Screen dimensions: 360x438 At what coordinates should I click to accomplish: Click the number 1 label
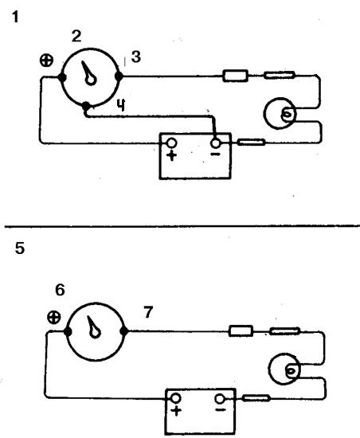coord(15,17)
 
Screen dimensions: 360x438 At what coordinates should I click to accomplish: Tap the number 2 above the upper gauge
coord(76,37)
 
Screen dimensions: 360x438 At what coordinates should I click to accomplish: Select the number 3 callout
coord(136,57)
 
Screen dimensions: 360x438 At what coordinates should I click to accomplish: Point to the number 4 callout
coord(121,105)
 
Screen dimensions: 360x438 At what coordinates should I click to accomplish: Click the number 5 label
coord(20,248)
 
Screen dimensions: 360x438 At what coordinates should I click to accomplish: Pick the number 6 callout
coord(60,290)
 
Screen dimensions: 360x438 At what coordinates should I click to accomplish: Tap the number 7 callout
coord(148,312)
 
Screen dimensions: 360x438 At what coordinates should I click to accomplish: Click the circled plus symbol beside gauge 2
coord(46,61)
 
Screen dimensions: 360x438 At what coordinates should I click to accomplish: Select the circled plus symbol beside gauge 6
coord(54,317)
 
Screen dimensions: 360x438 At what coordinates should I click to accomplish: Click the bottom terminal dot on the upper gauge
coord(86,106)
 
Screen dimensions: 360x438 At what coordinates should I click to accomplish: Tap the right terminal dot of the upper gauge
coord(119,76)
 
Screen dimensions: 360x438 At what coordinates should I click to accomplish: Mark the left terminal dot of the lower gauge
coord(68,331)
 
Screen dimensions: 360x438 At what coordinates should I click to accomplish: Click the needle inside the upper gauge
coord(88,73)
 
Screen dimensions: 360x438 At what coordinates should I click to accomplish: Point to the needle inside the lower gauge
coord(94,327)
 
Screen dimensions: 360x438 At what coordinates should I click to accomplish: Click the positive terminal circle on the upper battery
coord(172,143)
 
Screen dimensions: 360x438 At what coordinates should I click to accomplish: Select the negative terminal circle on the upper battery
coord(215,143)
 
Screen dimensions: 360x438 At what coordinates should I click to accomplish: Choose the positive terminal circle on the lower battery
coord(176,398)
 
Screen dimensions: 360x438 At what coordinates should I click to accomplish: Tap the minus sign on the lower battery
coord(221,410)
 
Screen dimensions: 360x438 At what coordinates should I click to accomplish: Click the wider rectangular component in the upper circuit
coord(235,76)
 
